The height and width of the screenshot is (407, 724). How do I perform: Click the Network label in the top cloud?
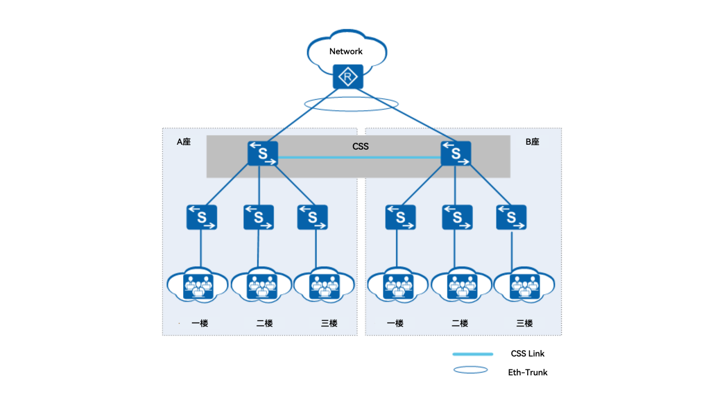point(346,52)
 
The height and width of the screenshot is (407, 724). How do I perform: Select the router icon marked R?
point(348,77)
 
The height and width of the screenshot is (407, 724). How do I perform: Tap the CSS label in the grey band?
point(360,147)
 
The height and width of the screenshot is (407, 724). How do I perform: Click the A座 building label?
point(183,142)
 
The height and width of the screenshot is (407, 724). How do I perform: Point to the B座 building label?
point(532,142)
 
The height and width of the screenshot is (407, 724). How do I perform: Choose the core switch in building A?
point(262,153)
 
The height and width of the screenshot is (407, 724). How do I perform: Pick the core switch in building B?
point(456,153)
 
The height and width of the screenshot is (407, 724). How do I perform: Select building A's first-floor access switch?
point(201,217)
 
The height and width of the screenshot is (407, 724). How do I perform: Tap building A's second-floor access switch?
point(258,217)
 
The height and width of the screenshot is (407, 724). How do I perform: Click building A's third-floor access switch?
point(312,217)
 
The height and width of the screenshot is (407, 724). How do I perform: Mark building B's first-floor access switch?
point(400,217)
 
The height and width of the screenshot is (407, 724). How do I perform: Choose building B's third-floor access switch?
point(511,217)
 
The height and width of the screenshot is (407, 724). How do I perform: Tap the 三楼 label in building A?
point(329,323)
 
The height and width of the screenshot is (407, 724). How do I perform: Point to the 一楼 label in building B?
point(395,323)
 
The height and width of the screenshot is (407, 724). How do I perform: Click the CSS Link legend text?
point(527,354)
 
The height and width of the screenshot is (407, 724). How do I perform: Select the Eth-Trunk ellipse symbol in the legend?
point(471,370)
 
